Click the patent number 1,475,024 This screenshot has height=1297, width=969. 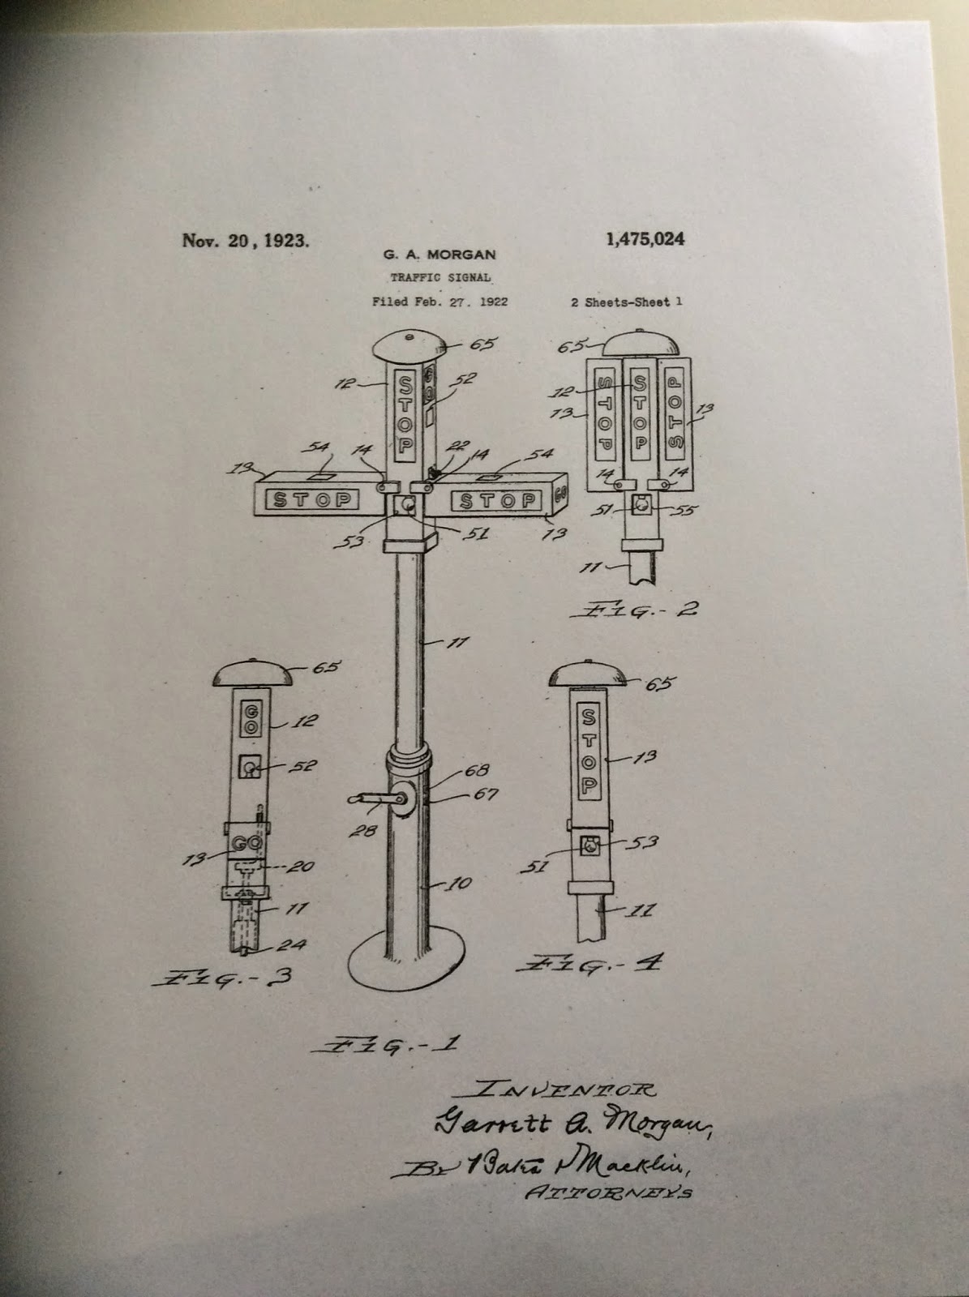pos(645,238)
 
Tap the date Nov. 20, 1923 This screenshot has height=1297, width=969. pos(246,241)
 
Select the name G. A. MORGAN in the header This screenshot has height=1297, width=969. pos(439,255)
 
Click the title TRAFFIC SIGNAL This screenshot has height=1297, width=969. pos(439,277)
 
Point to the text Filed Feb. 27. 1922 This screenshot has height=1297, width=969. pos(439,302)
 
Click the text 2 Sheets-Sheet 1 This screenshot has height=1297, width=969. pos(626,302)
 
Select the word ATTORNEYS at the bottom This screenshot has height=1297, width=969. pos(610,1192)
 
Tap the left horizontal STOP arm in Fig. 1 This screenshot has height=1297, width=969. pos(314,499)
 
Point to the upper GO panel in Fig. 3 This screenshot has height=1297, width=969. pos(251,718)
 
